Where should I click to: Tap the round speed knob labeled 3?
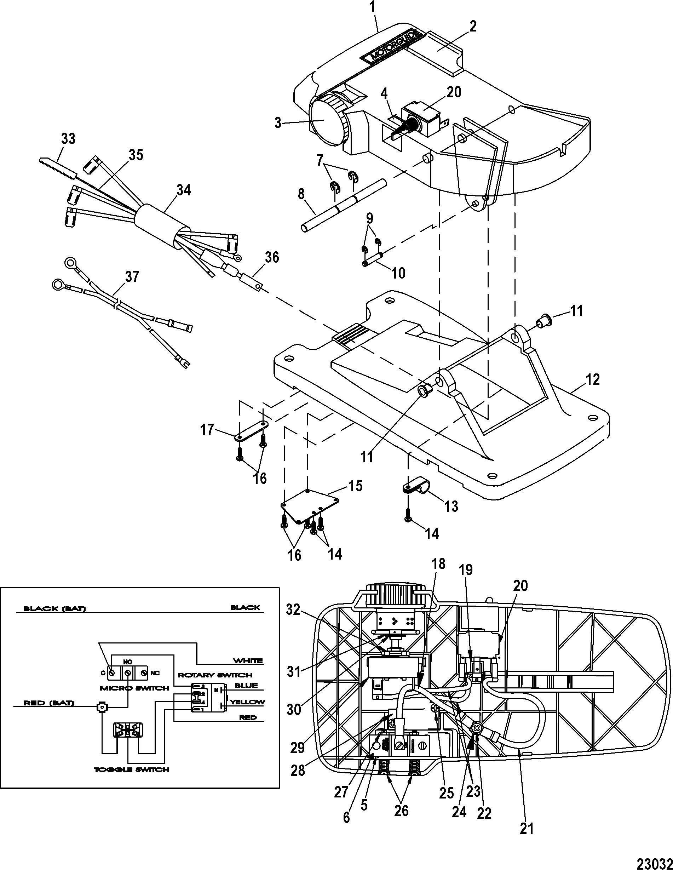[328, 121]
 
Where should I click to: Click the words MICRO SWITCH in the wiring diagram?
[136, 688]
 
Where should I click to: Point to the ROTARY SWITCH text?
[215, 675]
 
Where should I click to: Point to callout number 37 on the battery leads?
[132, 276]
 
